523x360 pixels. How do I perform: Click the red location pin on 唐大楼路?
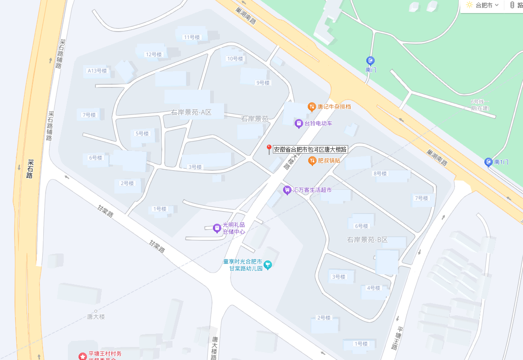[x=269, y=149]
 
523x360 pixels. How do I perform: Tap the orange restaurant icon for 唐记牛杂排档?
[x=312, y=107]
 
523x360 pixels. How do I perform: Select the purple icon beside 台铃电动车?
[x=299, y=124]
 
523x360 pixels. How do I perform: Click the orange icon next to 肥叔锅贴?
[x=312, y=160]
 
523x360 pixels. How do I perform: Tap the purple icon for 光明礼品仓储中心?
[x=217, y=228]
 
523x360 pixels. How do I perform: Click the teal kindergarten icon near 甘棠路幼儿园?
[x=268, y=265]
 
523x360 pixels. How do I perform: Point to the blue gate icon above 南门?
[x=371, y=60]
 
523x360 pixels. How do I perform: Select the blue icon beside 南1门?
[x=488, y=162]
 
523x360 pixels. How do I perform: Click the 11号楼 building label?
[x=192, y=37]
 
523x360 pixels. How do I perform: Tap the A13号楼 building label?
[x=97, y=71]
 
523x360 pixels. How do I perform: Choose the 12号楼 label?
[x=153, y=54]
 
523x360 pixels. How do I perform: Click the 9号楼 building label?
[x=263, y=83]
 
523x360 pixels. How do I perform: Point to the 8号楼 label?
[x=380, y=173]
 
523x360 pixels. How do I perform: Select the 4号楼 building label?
[x=373, y=288]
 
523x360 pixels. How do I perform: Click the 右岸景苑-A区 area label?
[x=192, y=112]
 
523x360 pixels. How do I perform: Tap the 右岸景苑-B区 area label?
[x=367, y=240]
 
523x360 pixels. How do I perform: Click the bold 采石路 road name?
[x=30, y=169]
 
